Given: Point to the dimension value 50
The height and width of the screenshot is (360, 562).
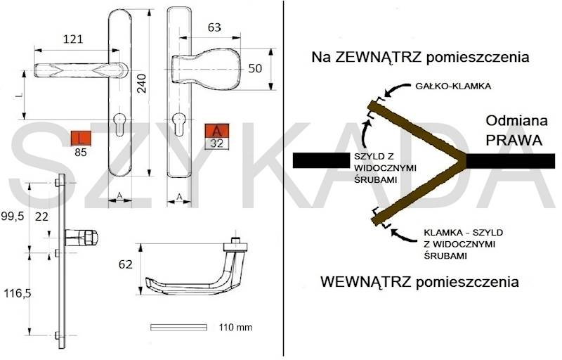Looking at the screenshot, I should pyautogui.click(x=255, y=68).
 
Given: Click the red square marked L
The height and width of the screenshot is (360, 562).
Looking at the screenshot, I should pyautogui.click(x=83, y=138).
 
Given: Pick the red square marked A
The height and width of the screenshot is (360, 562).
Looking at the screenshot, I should pyautogui.click(x=217, y=131).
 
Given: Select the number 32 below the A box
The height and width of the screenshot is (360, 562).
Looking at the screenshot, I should pyautogui.click(x=217, y=143).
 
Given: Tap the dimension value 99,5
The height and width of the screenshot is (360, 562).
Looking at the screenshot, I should pyautogui.click(x=13, y=217).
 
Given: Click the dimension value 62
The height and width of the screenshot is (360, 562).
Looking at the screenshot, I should pyautogui.click(x=126, y=265).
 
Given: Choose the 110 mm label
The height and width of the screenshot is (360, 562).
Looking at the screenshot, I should pyautogui.click(x=235, y=328).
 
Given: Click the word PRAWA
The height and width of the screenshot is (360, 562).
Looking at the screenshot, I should pyautogui.click(x=514, y=140).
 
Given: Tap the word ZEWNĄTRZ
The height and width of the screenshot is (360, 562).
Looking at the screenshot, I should pyautogui.click(x=372, y=56).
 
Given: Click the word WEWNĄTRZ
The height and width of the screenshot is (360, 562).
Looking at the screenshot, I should pyautogui.click(x=364, y=283).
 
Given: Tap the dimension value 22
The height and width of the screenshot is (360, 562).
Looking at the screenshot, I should pyautogui.click(x=43, y=219).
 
